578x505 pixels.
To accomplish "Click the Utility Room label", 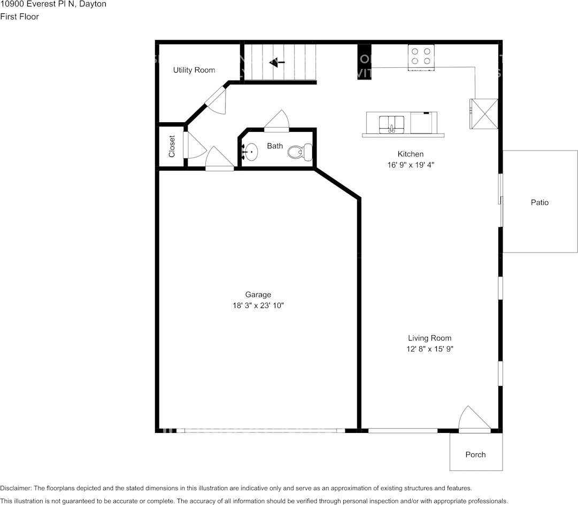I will (x=194, y=70).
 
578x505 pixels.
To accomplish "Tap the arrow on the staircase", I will (x=277, y=62).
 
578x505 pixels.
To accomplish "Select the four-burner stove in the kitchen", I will (x=421, y=57).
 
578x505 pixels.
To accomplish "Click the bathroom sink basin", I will (x=250, y=152).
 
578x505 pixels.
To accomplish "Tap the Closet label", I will (x=172, y=146).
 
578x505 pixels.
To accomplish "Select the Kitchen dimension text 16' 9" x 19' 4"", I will (x=411, y=165).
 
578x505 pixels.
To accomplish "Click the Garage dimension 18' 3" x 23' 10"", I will (x=258, y=305).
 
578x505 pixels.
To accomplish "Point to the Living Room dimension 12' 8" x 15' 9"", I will (x=429, y=349).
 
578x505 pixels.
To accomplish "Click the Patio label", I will (x=540, y=202).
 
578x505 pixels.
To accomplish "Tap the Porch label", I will (x=475, y=455).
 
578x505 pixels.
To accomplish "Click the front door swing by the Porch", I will (x=473, y=419).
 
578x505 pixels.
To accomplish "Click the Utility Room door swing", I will (x=217, y=101).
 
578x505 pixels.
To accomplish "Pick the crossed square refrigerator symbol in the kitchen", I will (x=484, y=114).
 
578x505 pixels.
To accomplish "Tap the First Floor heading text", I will (x=19, y=17).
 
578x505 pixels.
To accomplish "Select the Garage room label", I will (x=258, y=295).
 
